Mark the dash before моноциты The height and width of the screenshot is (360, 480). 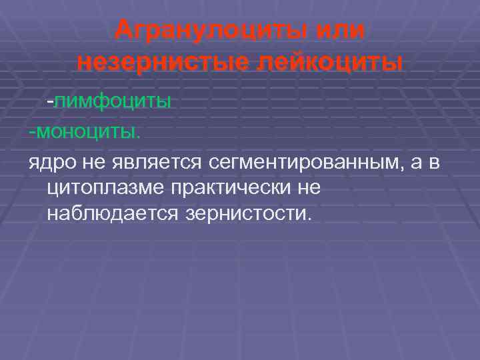point(31,131)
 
